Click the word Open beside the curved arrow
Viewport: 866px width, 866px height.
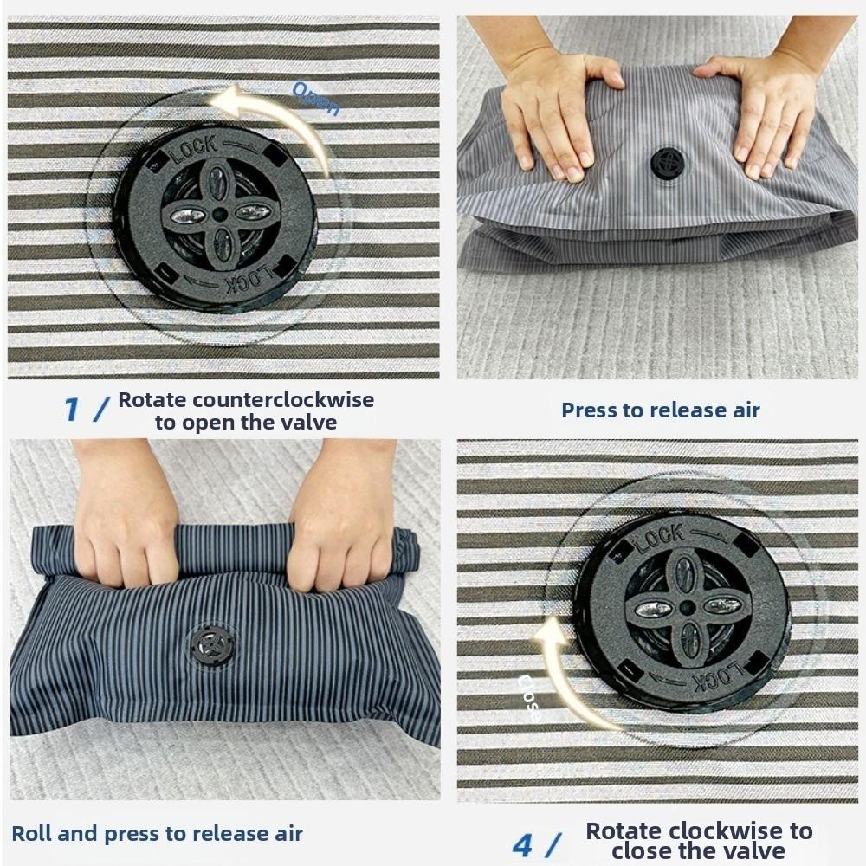[x=316, y=98]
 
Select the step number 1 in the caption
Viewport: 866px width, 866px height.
[x=72, y=410]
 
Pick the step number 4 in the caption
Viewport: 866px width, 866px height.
[x=522, y=844]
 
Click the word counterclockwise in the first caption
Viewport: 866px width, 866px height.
[x=283, y=400]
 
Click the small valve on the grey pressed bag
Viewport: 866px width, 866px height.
[x=668, y=163]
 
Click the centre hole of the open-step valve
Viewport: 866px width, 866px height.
[x=218, y=213]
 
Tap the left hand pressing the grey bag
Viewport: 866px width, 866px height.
[x=554, y=113]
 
